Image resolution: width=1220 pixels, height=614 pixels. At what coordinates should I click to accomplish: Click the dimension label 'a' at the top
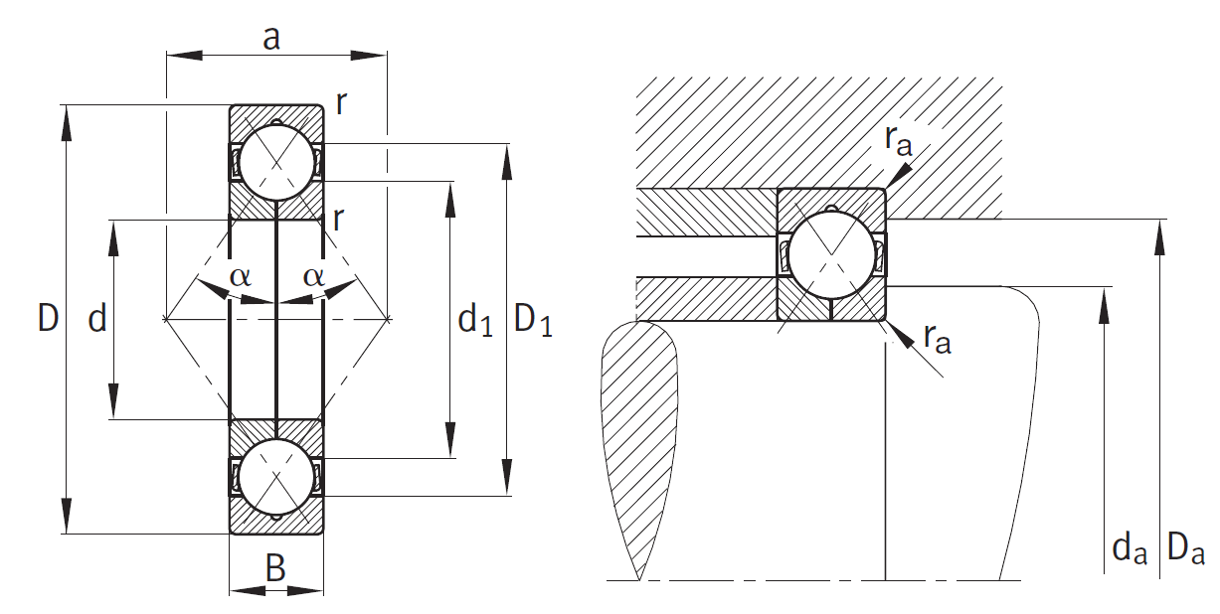(x=270, y=38)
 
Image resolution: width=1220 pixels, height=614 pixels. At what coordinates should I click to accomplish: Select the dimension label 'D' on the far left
(x=48, y=318)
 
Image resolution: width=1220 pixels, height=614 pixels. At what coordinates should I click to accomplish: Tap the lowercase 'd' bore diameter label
(x=96, y=319)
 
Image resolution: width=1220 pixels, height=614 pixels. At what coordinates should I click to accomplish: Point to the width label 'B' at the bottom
(x=275, y=568)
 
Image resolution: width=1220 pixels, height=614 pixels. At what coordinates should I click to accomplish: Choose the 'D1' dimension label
(x=533, y=320)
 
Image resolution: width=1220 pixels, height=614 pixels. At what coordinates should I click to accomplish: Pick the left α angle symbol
(x=241, y=276)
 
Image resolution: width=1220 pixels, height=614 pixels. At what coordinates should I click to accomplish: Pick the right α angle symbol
(x=313, y=276)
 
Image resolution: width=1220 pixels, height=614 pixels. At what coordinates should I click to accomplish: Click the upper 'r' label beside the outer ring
(x=341, y=103)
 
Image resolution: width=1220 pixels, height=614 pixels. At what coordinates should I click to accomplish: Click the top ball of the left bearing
(x=275, y=162)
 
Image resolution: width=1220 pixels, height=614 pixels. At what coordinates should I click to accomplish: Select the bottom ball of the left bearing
(x=275, y=476)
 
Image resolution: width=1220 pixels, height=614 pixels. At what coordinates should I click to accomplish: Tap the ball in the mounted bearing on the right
(x=831, y=253)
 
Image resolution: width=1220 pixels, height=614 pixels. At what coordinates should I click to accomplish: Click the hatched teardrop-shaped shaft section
(x=639, y=437)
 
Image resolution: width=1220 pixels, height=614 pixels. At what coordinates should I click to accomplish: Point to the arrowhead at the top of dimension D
(x=67, y=115)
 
